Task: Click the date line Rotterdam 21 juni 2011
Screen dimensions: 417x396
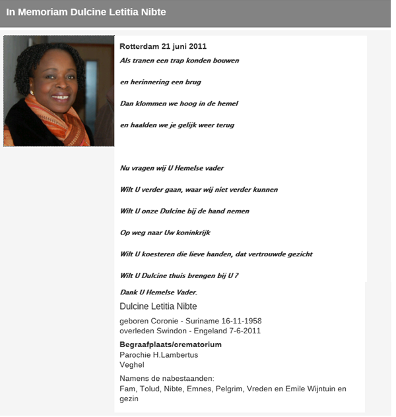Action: [163, 47]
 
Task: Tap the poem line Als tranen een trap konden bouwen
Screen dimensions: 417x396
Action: [179, 61]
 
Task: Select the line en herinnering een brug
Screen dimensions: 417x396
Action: [160, 82]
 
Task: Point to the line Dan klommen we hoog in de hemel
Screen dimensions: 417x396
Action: [178, 103]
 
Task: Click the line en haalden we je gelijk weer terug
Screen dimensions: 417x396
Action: [177, 125]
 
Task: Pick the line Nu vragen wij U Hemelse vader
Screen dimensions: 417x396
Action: [172, 168]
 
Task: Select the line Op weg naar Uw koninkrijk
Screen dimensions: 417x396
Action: [165, 233]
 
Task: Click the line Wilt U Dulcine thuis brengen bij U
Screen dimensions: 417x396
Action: [178, 275]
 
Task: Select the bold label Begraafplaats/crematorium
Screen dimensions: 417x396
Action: [170, 345]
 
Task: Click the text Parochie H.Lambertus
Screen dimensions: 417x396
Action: [158, 355]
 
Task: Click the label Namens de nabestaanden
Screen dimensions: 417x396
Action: [167, 378]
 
